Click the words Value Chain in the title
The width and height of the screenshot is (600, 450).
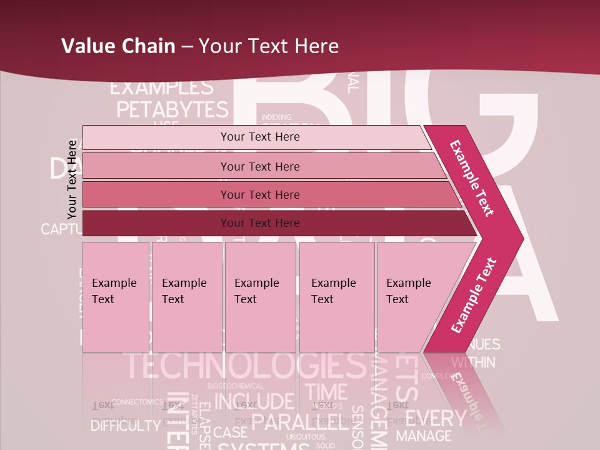point(118,46)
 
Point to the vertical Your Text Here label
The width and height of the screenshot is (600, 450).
point(72,179)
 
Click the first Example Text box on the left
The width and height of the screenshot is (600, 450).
point(116,296)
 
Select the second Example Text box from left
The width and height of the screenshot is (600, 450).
point(186,296)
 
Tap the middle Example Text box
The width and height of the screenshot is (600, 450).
point(260,296)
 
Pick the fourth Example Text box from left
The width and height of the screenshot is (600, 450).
point(337,296)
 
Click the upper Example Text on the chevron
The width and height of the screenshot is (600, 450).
point(472,178)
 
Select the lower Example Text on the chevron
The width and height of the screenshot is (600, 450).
point(474,295)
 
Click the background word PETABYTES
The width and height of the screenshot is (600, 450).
point(172,109)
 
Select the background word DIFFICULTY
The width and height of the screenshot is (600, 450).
point(126,426)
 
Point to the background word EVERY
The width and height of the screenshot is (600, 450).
point(440,417)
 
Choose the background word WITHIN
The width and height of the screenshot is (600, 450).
point(473,362)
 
